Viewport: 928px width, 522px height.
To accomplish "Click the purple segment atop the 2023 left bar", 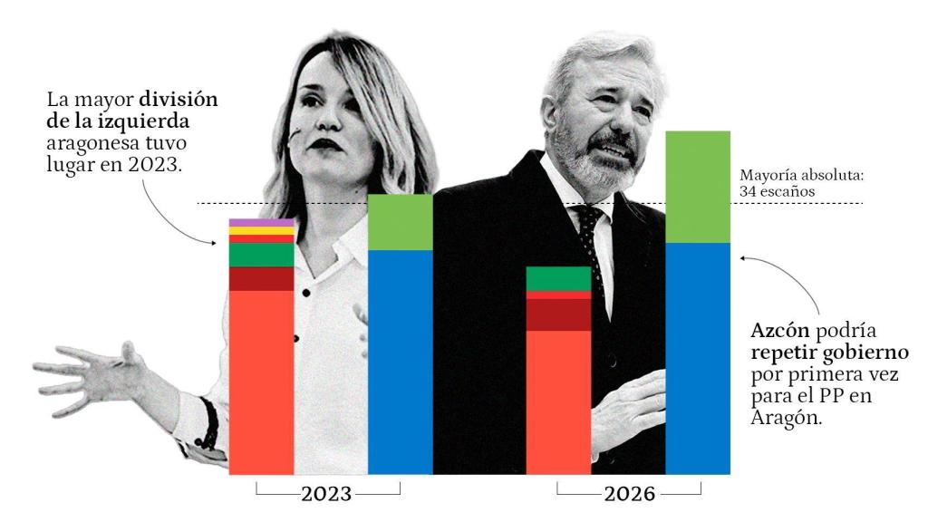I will (x=261, y=223).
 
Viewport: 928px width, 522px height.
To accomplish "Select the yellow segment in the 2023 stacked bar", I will (x=261, y=231).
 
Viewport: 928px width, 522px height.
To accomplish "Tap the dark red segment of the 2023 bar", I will (x=261, y=279).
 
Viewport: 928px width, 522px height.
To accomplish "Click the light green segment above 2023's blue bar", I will (x=400, y=222).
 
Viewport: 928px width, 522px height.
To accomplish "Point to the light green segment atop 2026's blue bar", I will (x=698, y=187).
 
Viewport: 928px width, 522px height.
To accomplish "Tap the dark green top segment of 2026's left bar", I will (x=558, y=278).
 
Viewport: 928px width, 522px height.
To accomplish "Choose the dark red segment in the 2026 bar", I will (x=558, y=314).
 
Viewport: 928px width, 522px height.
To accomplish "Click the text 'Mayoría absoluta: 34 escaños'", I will (x=778, y=184).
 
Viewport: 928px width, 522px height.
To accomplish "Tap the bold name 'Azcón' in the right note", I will (x=780, y=328).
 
